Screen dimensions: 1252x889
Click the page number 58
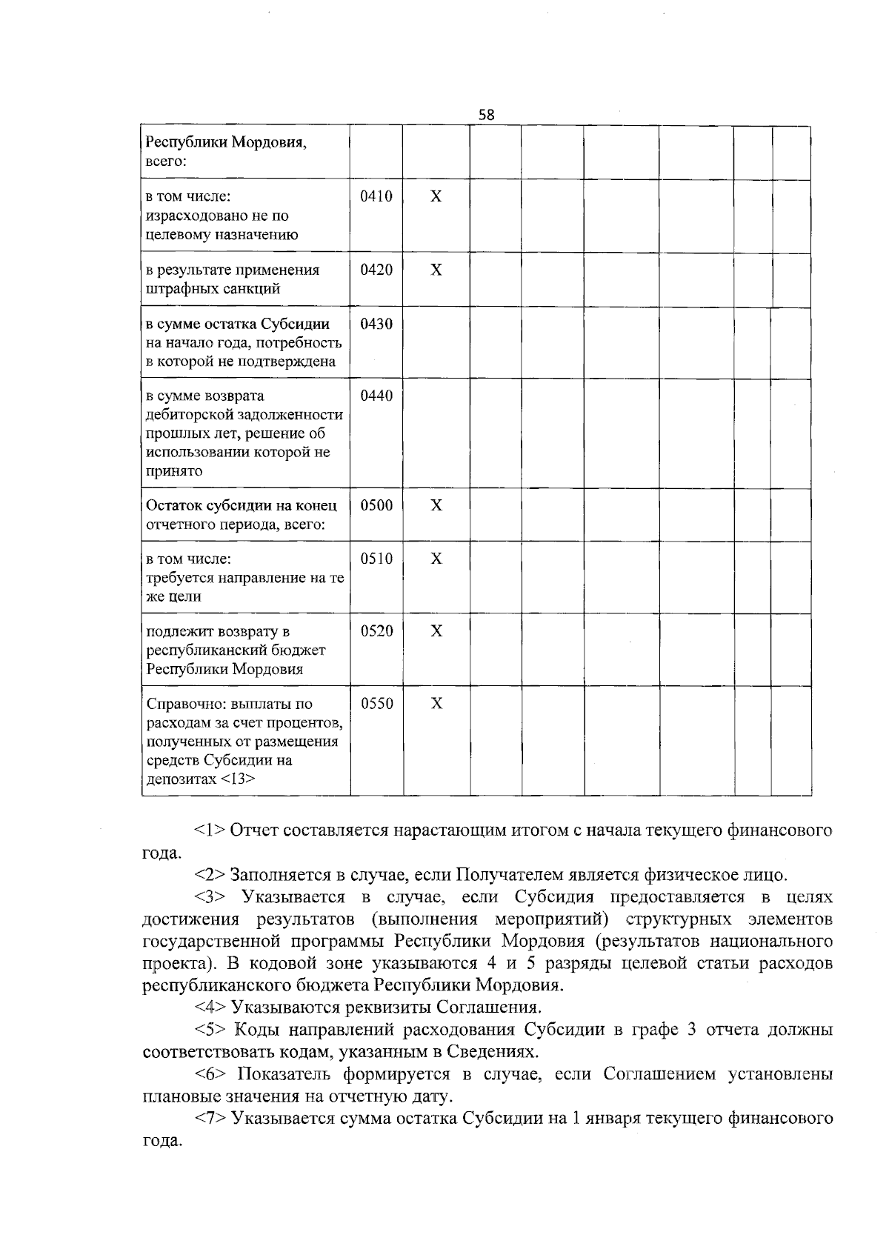(486, 115)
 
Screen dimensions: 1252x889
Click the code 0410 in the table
(376, 197)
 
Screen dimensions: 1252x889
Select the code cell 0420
(376, 270)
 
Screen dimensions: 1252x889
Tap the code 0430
(376, 324)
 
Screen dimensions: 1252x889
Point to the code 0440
(376, 396)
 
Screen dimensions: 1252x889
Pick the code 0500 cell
(376, 505)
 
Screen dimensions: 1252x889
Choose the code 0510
(376, 559)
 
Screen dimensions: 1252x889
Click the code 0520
(376, 631)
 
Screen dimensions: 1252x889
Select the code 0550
(376, 703)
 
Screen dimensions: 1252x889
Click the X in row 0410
(436, 197)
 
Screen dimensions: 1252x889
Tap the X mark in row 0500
(436, 505)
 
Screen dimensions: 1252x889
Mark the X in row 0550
(436, 703)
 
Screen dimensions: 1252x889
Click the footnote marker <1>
(210, 830)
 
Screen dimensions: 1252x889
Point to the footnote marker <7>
(210, 1118)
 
